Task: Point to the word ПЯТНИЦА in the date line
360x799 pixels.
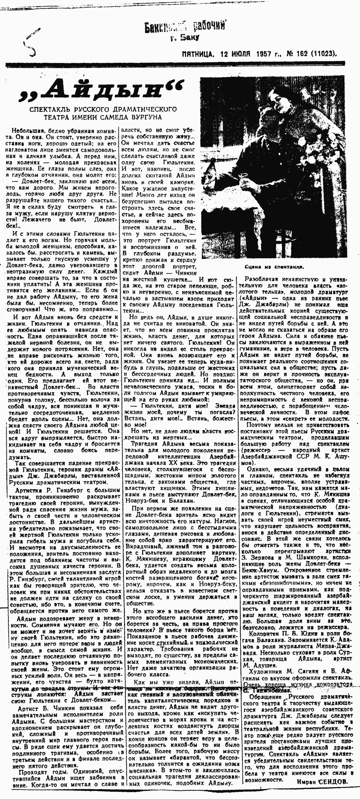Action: click(x=197, y=54)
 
